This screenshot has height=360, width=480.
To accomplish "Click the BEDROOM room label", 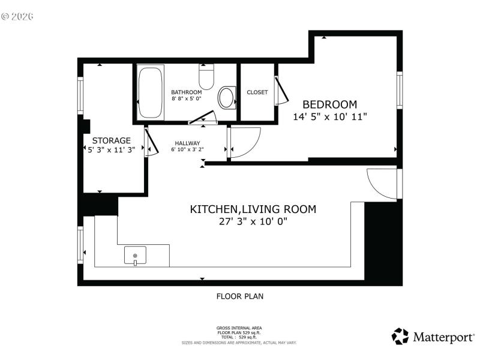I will tap(329, 104).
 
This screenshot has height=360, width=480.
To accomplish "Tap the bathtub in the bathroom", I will tap(150, 94).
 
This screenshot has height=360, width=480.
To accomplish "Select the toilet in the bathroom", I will tap(206, 78).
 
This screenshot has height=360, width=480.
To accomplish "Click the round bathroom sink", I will tap(227, 98).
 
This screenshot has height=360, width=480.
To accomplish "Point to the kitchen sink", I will tap(135, 256).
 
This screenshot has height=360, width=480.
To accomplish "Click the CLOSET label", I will tap(257, 92).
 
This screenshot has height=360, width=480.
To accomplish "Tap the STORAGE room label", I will tap(111, 140).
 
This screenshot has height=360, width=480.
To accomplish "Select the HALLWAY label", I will tap(187, 143).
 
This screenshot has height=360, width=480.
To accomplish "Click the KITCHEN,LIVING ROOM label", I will tap(253, 209).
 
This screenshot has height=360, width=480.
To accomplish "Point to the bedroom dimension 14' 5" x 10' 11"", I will tap(329, 118).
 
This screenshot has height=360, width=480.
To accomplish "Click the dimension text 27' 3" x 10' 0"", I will tap(253, 221).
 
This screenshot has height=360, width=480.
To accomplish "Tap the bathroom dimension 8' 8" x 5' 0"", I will tap(187, 98).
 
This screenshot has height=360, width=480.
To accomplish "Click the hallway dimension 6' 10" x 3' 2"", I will tap(187, 149).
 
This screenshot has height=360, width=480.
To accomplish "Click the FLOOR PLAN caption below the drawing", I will tap(239, 296).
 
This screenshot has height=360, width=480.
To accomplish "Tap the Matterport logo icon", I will tap(400, 336).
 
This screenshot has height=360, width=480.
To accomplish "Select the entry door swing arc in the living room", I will tap(382, 183).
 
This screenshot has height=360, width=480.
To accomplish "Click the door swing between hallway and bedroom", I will tap(244, 143).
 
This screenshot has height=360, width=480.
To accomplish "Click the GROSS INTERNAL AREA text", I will tap(239, 328).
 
